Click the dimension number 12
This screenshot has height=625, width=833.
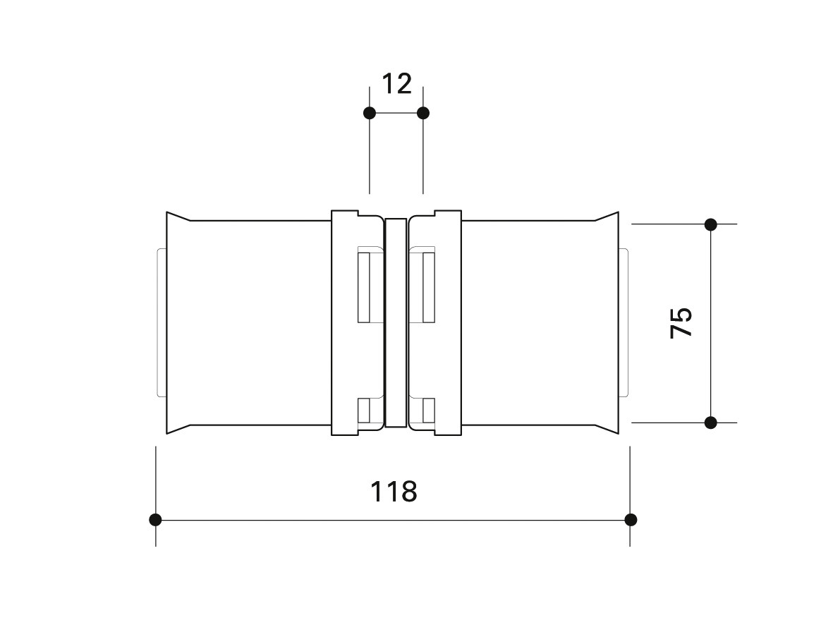point(397,84)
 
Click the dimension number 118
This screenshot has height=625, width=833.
point(394,492)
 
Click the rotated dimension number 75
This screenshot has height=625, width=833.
point(681,322)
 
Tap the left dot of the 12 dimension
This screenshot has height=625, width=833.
point(370,113)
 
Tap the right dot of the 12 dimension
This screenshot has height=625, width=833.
point(423,113)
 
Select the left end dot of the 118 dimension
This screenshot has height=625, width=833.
point(155,520)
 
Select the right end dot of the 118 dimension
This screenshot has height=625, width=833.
point(631,520)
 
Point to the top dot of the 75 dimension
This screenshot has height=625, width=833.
point(711,224)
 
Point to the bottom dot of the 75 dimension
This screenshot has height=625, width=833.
point(711,423)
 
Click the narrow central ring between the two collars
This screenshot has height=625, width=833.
point(396,322)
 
